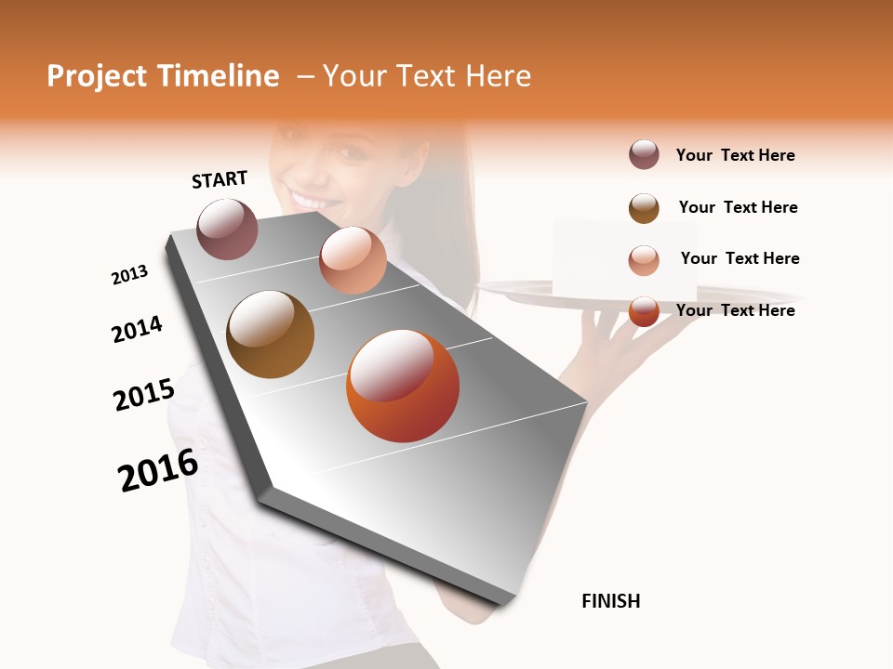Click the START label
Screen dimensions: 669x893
coord(220,179)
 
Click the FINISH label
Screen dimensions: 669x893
coord(610,601)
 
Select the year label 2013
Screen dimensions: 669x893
coord(129,275)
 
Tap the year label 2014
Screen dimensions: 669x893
coord(137,329)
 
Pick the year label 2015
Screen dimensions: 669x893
coord(144,395)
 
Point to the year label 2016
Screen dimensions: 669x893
coord(158,470)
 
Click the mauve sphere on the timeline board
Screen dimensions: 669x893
coord(227,229)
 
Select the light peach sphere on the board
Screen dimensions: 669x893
coord(353,260)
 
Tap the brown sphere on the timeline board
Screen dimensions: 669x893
coord(270,334)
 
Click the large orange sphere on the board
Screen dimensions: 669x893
coord(403,386)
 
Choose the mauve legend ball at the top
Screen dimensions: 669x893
coord(644,154)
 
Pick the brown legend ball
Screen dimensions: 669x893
coord(644,208)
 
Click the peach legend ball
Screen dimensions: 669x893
coord(644,261)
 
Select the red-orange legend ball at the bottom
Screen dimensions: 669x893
coord(644,311)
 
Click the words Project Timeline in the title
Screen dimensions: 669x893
coord(163,76)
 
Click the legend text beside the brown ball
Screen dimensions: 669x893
coord(738,207)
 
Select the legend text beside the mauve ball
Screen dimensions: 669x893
coord(735,155)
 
